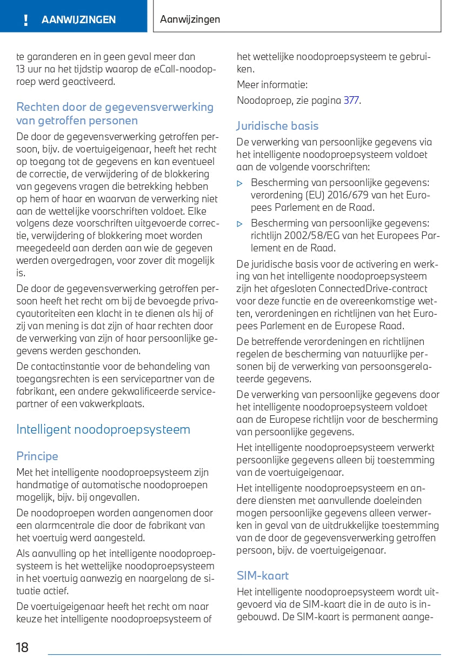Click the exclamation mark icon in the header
[25, 20]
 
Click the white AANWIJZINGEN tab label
[78, 20]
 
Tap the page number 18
[22, 647]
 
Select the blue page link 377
[351, 101]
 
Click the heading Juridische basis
[277, 126]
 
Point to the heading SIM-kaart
[263, 575]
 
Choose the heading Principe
[37, 456]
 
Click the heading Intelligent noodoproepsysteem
[103, 430]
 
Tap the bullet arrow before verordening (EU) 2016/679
[240, 183]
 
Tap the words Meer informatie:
[272, 85]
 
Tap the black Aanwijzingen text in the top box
[190, 19]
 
